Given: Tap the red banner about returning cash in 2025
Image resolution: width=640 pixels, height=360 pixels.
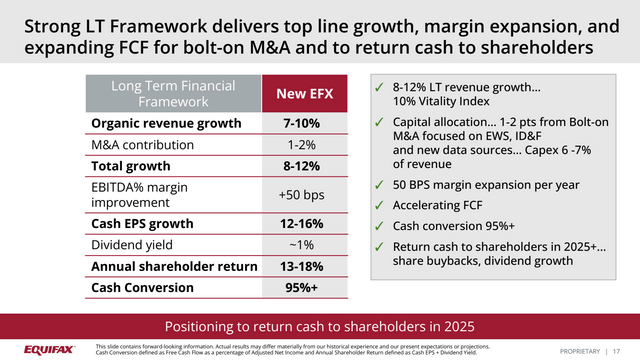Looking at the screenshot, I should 320,326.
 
